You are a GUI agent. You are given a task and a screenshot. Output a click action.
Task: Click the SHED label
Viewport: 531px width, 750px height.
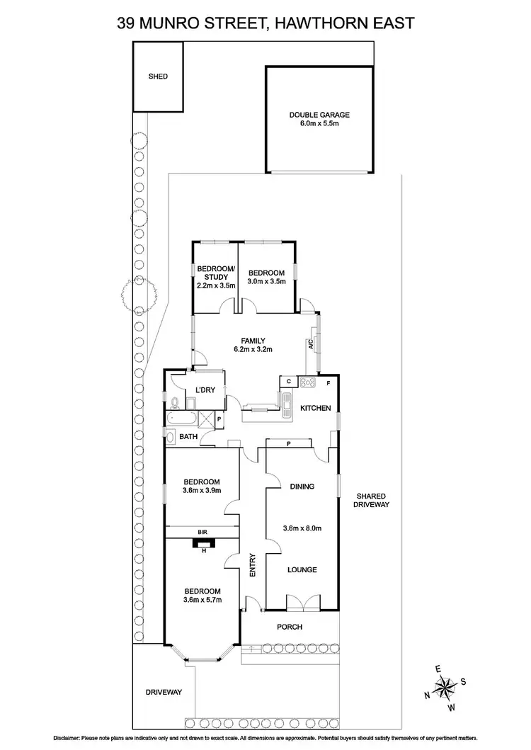coord(158,76)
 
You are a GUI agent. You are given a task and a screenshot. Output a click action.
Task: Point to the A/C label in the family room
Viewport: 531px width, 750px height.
coord(310,345)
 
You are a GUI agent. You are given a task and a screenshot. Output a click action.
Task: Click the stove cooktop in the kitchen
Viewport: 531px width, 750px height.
coord(308,383)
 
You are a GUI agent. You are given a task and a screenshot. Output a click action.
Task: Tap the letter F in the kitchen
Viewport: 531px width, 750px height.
coord(327,383)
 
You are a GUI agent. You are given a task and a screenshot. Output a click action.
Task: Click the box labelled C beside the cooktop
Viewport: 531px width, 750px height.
coord(289,381)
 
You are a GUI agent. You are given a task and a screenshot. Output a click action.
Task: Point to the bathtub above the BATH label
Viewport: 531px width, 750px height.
coord(183,420)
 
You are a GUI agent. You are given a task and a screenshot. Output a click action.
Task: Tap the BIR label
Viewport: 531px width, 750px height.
coord(202,530)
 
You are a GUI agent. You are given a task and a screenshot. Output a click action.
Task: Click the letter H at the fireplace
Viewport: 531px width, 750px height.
coord(203,550)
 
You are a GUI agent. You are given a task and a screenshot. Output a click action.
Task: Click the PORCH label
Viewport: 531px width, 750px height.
coord(290,627)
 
